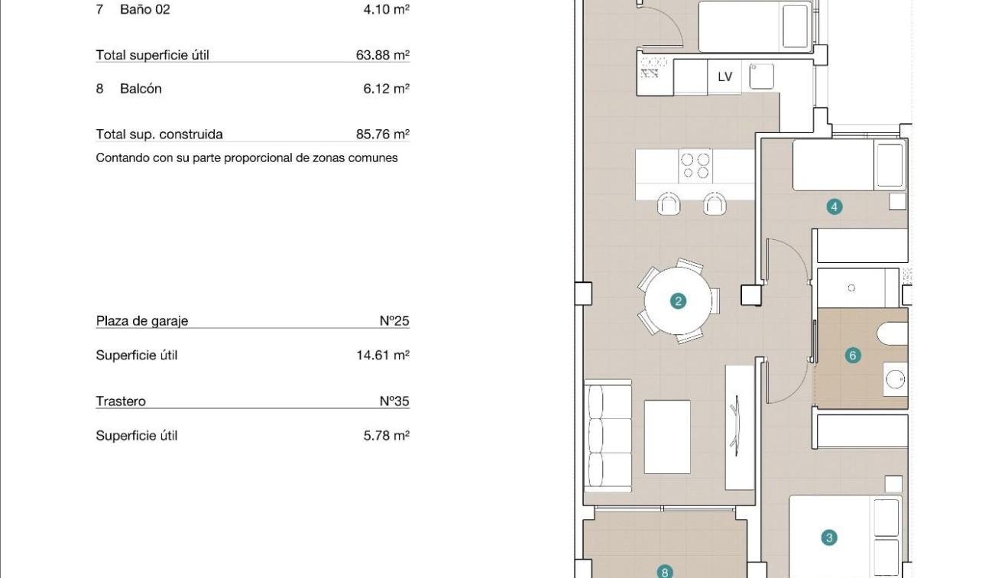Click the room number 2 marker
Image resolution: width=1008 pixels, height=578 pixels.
point(677,301)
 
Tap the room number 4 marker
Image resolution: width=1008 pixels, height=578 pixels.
point(834,206)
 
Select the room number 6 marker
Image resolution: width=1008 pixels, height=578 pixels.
point(853,355)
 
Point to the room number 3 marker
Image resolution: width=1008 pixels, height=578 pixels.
point(829,538)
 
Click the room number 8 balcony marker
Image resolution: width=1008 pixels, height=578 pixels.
point(665,571)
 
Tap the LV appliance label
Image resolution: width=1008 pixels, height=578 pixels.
point(724,76)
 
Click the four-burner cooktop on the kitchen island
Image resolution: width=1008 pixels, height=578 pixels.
point(695,166)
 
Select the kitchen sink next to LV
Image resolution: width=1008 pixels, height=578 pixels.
point(761,76)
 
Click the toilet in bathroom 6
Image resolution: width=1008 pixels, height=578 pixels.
point(893,334)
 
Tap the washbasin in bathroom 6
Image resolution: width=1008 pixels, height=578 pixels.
point(896,378)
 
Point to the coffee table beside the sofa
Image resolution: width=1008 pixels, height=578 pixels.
point(667,437)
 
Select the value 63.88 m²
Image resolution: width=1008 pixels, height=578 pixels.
point(382,55)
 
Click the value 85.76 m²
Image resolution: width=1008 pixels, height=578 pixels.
point(382,135)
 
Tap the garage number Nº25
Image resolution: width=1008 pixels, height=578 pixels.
point(394,321)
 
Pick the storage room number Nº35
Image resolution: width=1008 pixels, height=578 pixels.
point(394,401)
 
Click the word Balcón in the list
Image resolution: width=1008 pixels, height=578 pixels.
point(141,89)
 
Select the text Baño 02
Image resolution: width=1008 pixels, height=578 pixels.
point(145,10)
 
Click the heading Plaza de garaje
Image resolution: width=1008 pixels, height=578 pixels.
point(142,321)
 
